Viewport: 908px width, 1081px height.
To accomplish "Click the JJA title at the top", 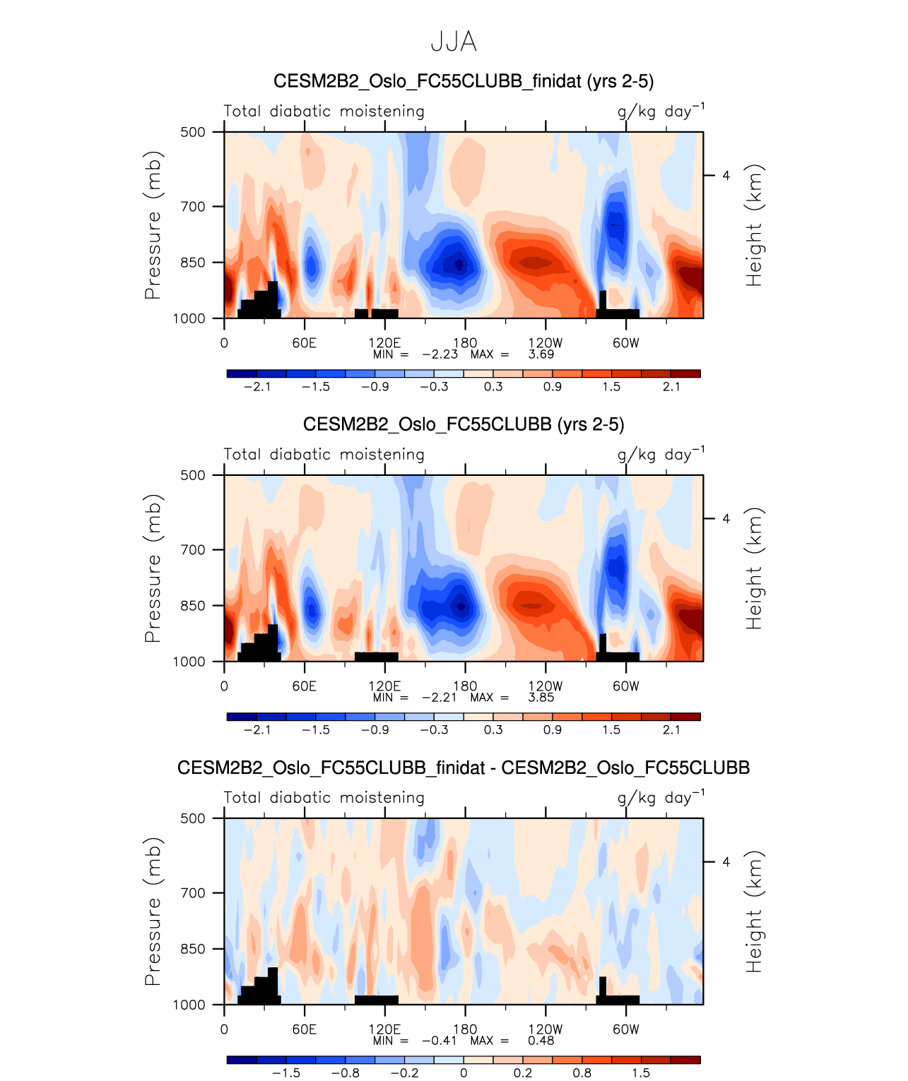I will pos(454,42).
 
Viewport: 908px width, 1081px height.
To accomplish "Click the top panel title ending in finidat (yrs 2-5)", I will pos(464,81).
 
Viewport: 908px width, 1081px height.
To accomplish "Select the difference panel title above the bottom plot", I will pos(464,768).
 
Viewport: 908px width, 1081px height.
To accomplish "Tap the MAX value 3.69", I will pos(541,354).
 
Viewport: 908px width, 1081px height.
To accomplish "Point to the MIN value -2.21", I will pos(440,698).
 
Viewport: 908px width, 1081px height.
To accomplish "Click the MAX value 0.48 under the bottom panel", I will pos(541,1041).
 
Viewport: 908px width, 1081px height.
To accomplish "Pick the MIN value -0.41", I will pos(440,1041).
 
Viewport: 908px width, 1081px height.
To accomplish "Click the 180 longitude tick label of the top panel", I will pos(465,343).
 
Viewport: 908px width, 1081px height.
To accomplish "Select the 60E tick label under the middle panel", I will pos(305,686).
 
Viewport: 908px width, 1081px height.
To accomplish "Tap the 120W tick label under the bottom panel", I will pos(546,1029).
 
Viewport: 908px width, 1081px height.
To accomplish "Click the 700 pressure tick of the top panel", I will pos(193,207).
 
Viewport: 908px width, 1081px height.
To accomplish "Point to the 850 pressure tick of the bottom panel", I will pos(193,949).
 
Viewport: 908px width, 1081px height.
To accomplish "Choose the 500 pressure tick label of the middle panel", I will pos(193,475).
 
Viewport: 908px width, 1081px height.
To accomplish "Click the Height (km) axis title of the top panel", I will pos(755,225).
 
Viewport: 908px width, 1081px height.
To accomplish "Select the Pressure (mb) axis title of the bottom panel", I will pos(153,912).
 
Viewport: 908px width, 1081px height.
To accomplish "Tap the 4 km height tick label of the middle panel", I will pos(726,519).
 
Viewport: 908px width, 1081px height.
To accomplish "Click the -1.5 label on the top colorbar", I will pos(316,387).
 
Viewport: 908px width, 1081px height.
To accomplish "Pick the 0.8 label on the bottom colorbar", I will pos(582,1073).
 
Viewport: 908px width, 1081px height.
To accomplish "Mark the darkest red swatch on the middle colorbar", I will pos(685,717).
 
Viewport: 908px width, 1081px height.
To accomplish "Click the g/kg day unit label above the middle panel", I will pos(660,454).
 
